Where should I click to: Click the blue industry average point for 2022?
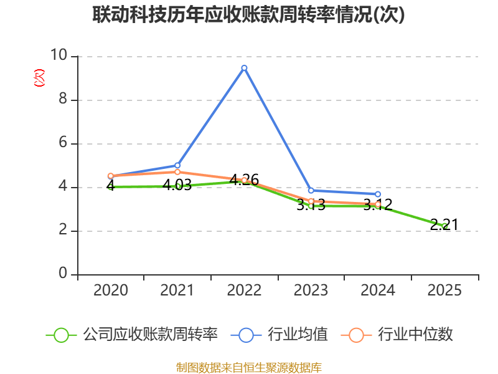click(244, 67)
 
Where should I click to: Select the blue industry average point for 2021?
click(177, 165)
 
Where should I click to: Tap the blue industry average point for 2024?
click(378, 194)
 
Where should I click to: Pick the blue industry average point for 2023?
click(311, 190)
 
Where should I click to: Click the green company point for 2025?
click(444, 226)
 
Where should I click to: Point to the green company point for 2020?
click(111, 187)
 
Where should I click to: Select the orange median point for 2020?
click(111, 176)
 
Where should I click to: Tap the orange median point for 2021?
click(177, 171)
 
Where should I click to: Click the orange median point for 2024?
click(378, 204)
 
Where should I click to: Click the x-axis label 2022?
click(244, 290)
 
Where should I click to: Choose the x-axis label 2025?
click(444, 290)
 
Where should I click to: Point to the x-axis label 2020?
click(111, 290)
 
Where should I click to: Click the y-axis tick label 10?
click(59, 55)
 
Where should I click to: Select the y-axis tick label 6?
click(63, 143)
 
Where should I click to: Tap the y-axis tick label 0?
click(63, 274)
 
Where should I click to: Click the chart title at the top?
click(249, 15)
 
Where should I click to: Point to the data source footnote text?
click(249, 367)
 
